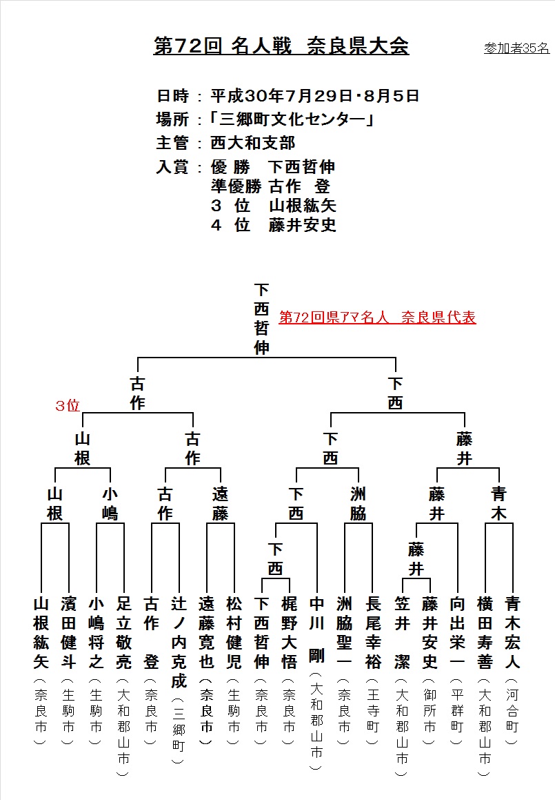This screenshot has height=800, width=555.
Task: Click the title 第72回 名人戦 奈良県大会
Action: (281, 46)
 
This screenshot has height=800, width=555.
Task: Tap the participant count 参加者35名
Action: (516, 48)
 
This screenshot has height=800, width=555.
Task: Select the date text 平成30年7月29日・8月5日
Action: (315, 95)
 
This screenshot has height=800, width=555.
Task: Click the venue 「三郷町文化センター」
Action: (292, 119)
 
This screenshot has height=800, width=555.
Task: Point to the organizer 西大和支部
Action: (253, 143)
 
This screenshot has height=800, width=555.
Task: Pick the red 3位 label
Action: (68, 406)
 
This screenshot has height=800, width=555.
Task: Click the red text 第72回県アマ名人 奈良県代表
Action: (377, 318)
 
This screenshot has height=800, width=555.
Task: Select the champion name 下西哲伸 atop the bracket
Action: (261, 319)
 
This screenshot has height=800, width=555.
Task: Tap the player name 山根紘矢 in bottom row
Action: (41, 633)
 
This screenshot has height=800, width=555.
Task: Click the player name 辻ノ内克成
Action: (179, 643)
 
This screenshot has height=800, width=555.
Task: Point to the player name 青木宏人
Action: (512, 633)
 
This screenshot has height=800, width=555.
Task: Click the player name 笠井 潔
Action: (402, 633)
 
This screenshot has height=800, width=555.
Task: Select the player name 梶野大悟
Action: (289, 633)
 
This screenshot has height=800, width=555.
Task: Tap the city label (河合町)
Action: (512, 711)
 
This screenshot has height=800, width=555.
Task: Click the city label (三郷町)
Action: (179, 730)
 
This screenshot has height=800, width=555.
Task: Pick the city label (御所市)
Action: (430, 711)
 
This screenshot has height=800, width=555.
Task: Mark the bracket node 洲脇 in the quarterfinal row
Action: (358, 504)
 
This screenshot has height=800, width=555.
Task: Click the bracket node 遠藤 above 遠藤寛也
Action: (220, 504)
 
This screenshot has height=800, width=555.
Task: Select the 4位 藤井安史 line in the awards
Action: (274, 225)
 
